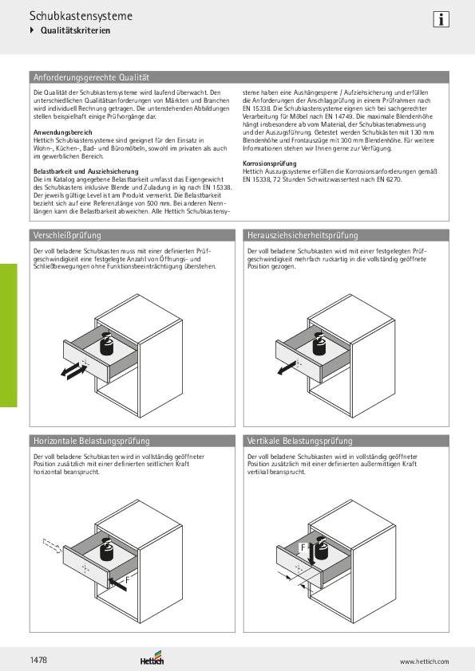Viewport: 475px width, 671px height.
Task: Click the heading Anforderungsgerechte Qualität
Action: pyautogui.click(x=91, y=77)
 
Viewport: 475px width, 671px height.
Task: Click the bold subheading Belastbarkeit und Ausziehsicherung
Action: pyautogui.click(x=85, y=171)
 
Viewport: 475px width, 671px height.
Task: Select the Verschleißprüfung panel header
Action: pyautogui.click(x=66, y=235)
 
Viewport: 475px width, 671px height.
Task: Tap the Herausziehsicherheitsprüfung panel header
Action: pyautogui.click(x=303, y=235)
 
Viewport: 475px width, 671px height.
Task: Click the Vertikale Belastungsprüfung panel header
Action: pyautogui.click(x=299, y=441)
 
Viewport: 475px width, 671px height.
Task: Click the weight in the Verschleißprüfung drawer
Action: pyautogui.click(x=106, y=344)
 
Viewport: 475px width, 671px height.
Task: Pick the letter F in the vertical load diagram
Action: pyautogui.click(x=303, y=548)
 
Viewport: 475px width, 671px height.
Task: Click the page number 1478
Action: pyautogui.click(x=39, y=659)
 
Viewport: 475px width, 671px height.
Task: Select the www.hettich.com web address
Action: pyautogui.click(x=424, y=661)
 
